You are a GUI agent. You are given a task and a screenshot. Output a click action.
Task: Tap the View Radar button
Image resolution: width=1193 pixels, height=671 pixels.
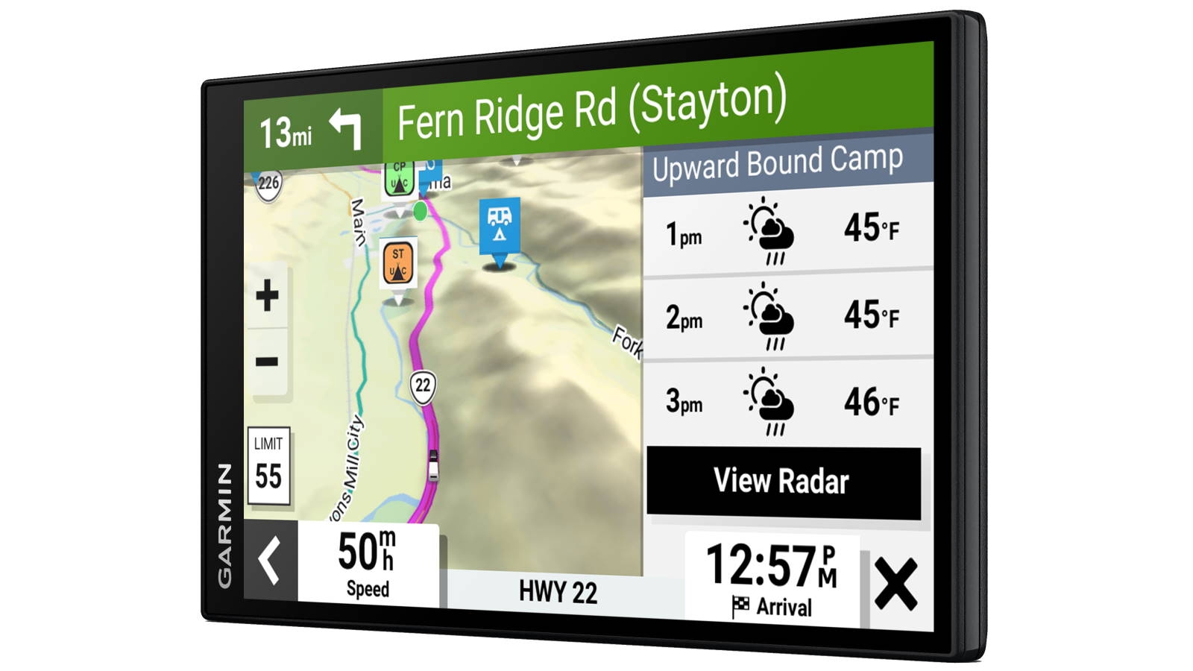click(x=783, y=482)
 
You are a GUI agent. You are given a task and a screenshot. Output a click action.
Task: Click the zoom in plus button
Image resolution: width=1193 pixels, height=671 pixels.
click(x=267, y=295)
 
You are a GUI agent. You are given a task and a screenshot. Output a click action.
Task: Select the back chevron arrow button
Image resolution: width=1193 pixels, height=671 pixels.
click(x=270, y=560)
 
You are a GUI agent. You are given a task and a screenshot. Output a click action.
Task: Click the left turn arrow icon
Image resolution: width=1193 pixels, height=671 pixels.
click(x=346, y=127)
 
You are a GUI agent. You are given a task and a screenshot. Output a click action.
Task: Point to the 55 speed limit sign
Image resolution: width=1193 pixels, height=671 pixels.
click(x=268, y=467)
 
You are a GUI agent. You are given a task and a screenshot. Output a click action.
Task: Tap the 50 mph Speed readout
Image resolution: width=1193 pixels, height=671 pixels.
click(x=368, y=563)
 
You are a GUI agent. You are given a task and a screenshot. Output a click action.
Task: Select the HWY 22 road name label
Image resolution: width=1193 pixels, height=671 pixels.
click(x=558, y=593)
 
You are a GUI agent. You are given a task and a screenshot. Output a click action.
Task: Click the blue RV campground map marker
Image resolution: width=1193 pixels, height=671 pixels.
click(x=500, y=224)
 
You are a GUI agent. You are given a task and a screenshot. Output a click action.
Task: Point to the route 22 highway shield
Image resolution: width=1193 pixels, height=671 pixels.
click(x=423, y=386)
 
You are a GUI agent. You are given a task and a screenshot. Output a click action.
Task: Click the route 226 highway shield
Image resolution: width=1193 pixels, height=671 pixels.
click(x=268, y=183)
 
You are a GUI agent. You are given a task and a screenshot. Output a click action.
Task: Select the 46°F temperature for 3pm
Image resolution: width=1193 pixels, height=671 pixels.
click(x=871, y=403)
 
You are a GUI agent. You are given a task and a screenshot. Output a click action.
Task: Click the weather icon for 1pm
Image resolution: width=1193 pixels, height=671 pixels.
click(x=769, y=230)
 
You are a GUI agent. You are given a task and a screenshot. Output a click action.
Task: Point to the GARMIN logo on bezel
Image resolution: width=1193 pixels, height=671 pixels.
click(x=224, y=525)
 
